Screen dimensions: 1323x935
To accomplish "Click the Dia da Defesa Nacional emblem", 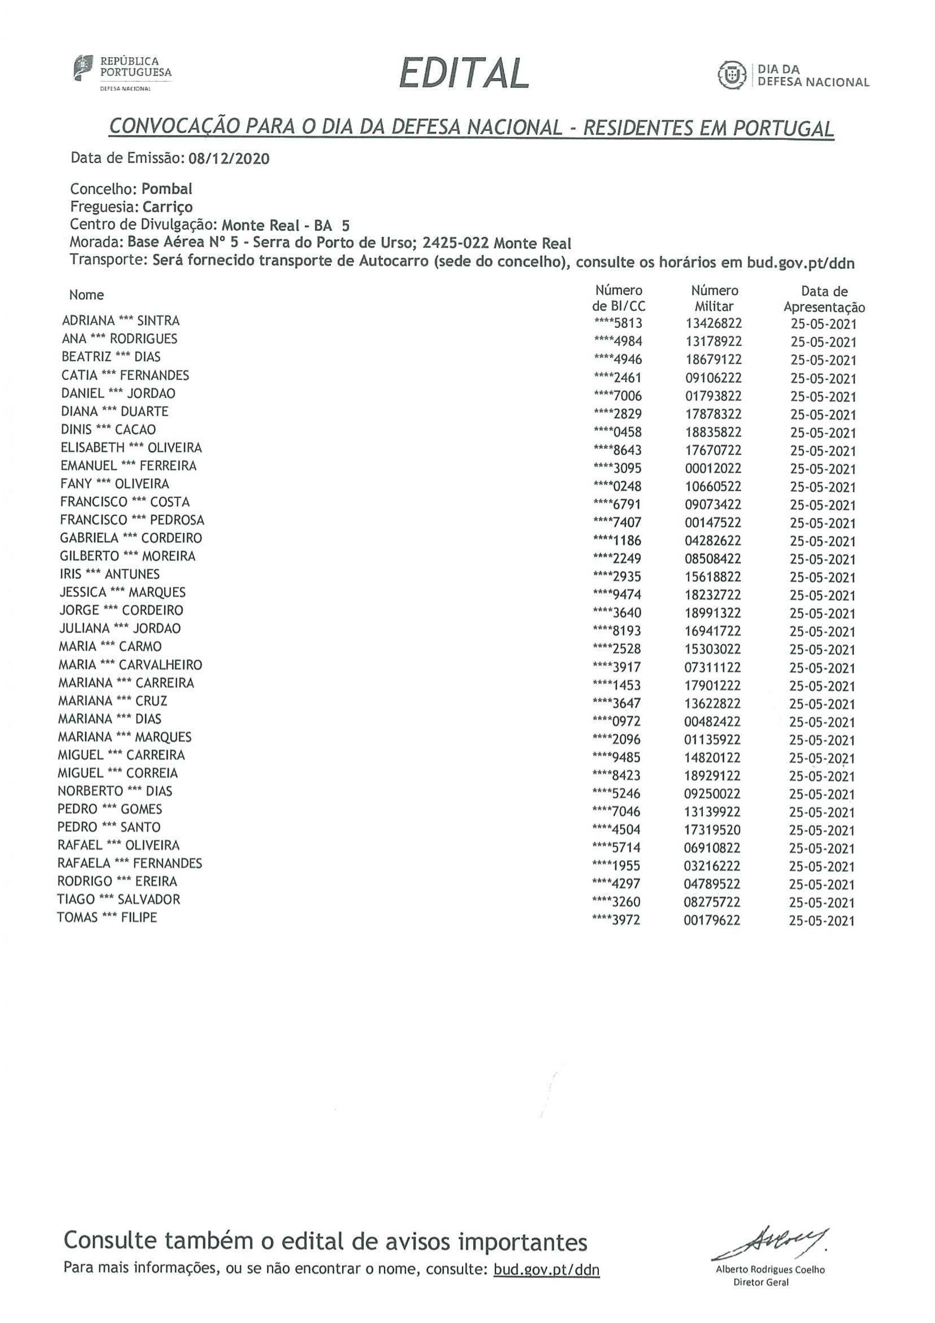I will (731, 75).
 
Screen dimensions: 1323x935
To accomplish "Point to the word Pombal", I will (167, 189).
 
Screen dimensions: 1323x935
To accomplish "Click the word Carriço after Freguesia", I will (168, 207).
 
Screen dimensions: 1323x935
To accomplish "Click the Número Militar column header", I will (714, 299).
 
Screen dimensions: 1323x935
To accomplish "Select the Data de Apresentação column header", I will (824, 299).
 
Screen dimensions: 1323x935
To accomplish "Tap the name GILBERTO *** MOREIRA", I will (127, 556).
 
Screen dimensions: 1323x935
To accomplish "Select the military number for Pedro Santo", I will (713, 830).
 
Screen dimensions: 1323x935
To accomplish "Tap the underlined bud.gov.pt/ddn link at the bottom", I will (546, 1269).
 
